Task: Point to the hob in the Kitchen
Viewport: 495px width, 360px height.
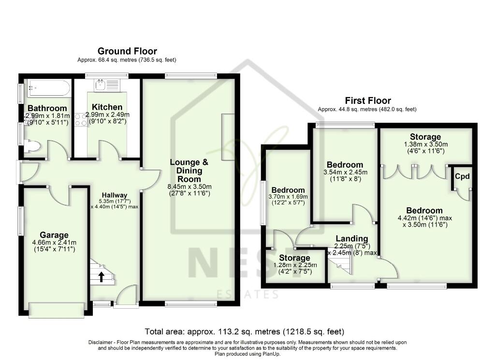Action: [x=80, y=119]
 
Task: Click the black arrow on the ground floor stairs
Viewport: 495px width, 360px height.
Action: [x=102, y=277]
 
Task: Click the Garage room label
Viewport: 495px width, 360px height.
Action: [x=54, y=235]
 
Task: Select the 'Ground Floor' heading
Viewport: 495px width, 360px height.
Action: [x=127, y=51]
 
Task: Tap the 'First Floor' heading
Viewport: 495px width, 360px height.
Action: [x=367, y=101]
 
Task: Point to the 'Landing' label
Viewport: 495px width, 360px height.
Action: [x=352, y=238]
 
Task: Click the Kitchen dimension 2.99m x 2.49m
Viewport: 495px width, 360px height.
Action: [x=107, y=115]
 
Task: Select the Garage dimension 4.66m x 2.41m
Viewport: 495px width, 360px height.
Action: [x=54, y=243]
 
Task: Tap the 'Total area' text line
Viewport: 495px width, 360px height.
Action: [x=245, y=331]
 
